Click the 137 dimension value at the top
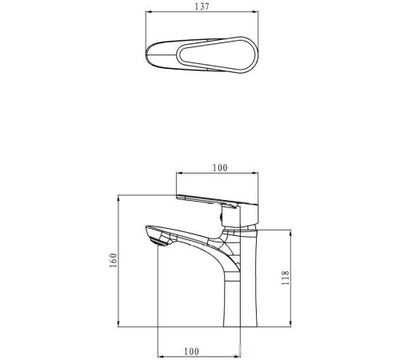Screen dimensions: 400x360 click(x=202, y=6)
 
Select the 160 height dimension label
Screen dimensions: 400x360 click(x=113, y=260)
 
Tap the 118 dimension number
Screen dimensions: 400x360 click(x=285, y=278)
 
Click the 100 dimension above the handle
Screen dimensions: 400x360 click(x=220, y=168)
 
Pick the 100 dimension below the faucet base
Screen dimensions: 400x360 click(x=191, y=351)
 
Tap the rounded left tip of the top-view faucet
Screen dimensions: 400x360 click(x=148, y=55)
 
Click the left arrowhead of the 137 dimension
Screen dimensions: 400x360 click(x=149, y=11)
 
